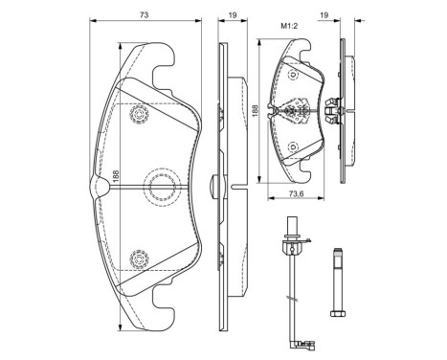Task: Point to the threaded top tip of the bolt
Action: tap(336, 252)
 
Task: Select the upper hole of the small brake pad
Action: tap(294, 77)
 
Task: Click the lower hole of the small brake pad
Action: tap(294, 146)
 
